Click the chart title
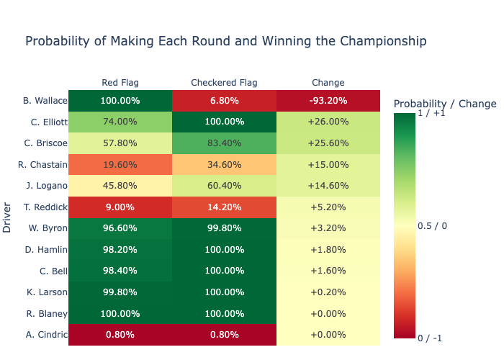point(225,41)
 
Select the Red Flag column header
point(120,83)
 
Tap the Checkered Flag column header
point(224,83)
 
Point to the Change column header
point(328,83)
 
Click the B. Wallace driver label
point(45,101)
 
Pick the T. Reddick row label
point(45,207)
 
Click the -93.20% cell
point(328,101)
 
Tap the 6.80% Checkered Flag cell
point(224,101)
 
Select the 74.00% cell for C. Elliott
point(120,122)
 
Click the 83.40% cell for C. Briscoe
point(224,143)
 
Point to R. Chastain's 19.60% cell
point(120,165)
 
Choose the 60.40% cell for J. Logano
point(224,186)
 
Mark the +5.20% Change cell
point(328,207)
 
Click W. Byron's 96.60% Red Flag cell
point(120,229)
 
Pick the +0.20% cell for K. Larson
point(328,293)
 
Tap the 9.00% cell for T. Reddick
point(120,207)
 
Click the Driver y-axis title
point(7,218)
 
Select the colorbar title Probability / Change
point(445,104)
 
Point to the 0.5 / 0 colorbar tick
point(433,225)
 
